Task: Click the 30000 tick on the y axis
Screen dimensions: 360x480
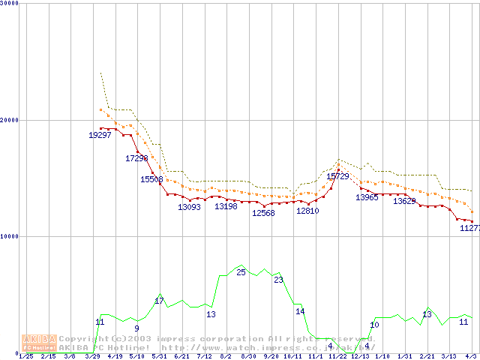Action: click(x=9, y=4)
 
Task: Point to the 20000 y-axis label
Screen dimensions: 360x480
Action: click(x=9, y=120)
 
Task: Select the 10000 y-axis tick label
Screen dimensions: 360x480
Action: click(x=9, y=236)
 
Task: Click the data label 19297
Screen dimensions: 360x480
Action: click(x=100, y=135)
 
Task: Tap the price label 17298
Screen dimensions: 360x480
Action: click(x=137, y=158)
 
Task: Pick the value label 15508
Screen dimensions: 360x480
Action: click(x=151, y=179)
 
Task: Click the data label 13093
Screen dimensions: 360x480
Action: click(x=189, y=207)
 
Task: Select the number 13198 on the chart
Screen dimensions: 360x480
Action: click(x=226, y=206)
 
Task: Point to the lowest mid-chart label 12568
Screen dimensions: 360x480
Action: click(x=263, y=213)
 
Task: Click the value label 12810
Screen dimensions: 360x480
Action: click(x=307, y=211)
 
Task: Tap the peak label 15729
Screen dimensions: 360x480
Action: click(x=338, y=176)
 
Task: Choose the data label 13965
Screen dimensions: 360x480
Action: click(x=367, y=197)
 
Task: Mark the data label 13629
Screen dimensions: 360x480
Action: click(x=404, y=201)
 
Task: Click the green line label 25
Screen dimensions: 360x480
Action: click(x=241, y=272)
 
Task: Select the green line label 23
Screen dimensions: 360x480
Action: click(x=278, y=280)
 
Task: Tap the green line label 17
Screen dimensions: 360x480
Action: click(x=159, y=301)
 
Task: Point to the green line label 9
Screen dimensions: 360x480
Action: click(x=136, y=328)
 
